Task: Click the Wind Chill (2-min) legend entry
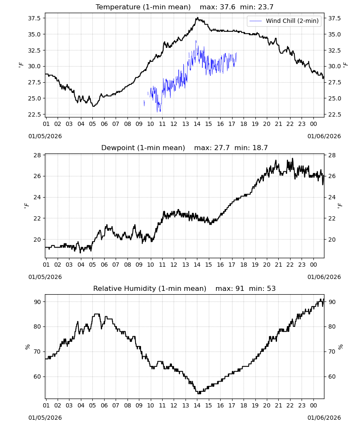[x=284, y=21]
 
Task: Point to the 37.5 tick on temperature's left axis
[x=34, y=18]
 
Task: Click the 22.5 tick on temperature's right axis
[x=334, y=114]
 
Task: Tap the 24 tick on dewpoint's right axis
[x=332, y=198]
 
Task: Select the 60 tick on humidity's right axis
[x=332, y=377]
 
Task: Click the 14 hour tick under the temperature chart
[x=197, y=124]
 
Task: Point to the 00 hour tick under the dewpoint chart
[x=313, y=265]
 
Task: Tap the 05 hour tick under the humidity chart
[x=92, y=406]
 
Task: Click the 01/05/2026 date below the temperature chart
[x=45, y=136]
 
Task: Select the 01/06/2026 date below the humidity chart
[x=324, y=418]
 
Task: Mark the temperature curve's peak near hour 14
[x=197, y=17]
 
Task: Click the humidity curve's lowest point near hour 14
[x=199, y=393]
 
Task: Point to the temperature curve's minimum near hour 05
[x=94, y=106]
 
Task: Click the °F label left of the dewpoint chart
[x=26, y=206]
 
